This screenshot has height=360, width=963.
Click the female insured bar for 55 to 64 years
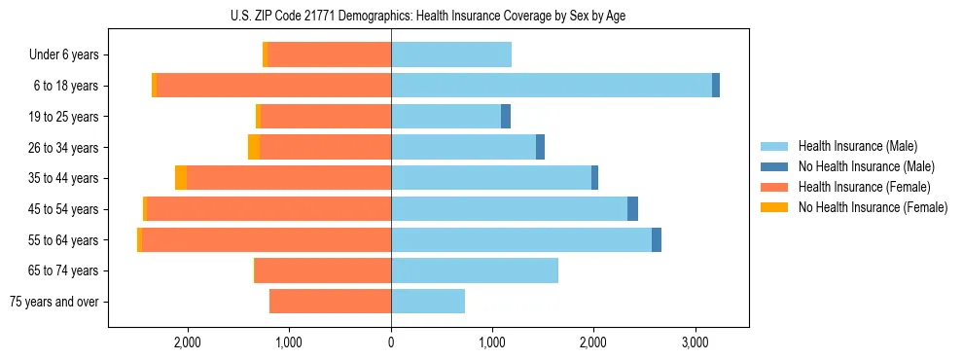tap(267, 239)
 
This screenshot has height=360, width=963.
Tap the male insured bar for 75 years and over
tap(428, 302)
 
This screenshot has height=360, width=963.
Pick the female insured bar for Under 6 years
tap(330, 55)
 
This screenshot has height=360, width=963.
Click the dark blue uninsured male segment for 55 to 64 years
tap(657, 239)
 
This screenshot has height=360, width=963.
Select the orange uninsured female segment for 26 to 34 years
tap(254, 147)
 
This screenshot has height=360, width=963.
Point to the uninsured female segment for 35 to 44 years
tap(181, 178)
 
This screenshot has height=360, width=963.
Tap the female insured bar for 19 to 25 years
tap(326, 117)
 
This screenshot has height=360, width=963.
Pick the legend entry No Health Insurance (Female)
tap(871, 207)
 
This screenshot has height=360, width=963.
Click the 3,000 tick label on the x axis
tap(695, 342)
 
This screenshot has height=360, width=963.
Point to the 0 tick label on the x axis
tap(391, 342)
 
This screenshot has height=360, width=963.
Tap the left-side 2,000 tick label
tap(187, 342)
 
